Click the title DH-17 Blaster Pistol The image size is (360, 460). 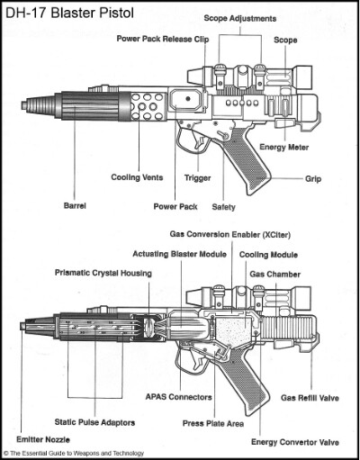click(x=69, y=13)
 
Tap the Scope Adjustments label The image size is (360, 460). click(x=240, y=19)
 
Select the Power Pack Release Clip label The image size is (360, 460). click(x=163, y=39)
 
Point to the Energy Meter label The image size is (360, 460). click(x=283, y=147)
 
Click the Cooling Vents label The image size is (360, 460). click(x=137, y=177)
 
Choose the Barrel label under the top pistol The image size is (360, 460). click(x=75, y=206)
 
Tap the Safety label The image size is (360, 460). click(x=223, y=207)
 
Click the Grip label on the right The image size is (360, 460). click(x=313, y=179)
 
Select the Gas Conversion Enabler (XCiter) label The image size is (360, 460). click(x=230, y=234)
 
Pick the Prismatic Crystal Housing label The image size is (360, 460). click(x=103, y=273)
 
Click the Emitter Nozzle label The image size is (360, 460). click(x=43, y=439)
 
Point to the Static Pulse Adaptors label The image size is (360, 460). click(x=94, y=422)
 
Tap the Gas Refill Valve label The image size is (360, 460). click(x=310, y=398)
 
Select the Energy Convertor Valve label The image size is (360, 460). click(x=295, y=442)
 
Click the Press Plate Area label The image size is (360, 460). click(x=213, y=423)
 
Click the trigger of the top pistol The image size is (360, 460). click(x=199, y=140)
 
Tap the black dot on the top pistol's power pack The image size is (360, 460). click(x=188, y=98)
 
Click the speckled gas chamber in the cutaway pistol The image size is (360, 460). click(x=233, y=331)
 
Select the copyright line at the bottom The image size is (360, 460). click(x=74, y=453)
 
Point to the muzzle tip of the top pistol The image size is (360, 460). click(x=24, y=105)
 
